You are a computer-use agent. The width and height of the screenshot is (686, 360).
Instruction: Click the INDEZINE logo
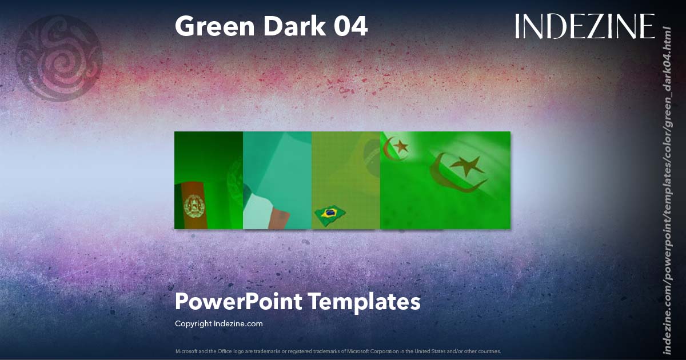pyautogui.click(x=584, y=27)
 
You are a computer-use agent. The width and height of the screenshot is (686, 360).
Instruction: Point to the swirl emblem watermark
pyautogui.click(x=59, y=58)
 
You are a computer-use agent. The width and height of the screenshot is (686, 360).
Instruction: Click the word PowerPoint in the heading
pyautogui.click(x=237, y=302)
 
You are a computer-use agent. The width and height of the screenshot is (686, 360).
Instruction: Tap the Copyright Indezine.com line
pyautogui.click(x=218, y=323)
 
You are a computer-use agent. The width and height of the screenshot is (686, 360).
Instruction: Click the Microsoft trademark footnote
pyautogui.click(x=338, y=351)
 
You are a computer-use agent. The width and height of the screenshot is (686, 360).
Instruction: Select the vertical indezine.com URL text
pyautogui.click(x=665, y=189)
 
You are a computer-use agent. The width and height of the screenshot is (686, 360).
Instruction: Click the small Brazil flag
pyautogui.click(x=329, y=214)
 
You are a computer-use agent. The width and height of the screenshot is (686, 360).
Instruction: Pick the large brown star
pyautogui.click(x=467, y=166)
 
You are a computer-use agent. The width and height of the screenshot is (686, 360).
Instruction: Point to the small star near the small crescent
pyautogui.click(x=401, y=146)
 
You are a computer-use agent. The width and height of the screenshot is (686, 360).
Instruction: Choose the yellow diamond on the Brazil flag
pyautogui.click(x=329, y=214)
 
